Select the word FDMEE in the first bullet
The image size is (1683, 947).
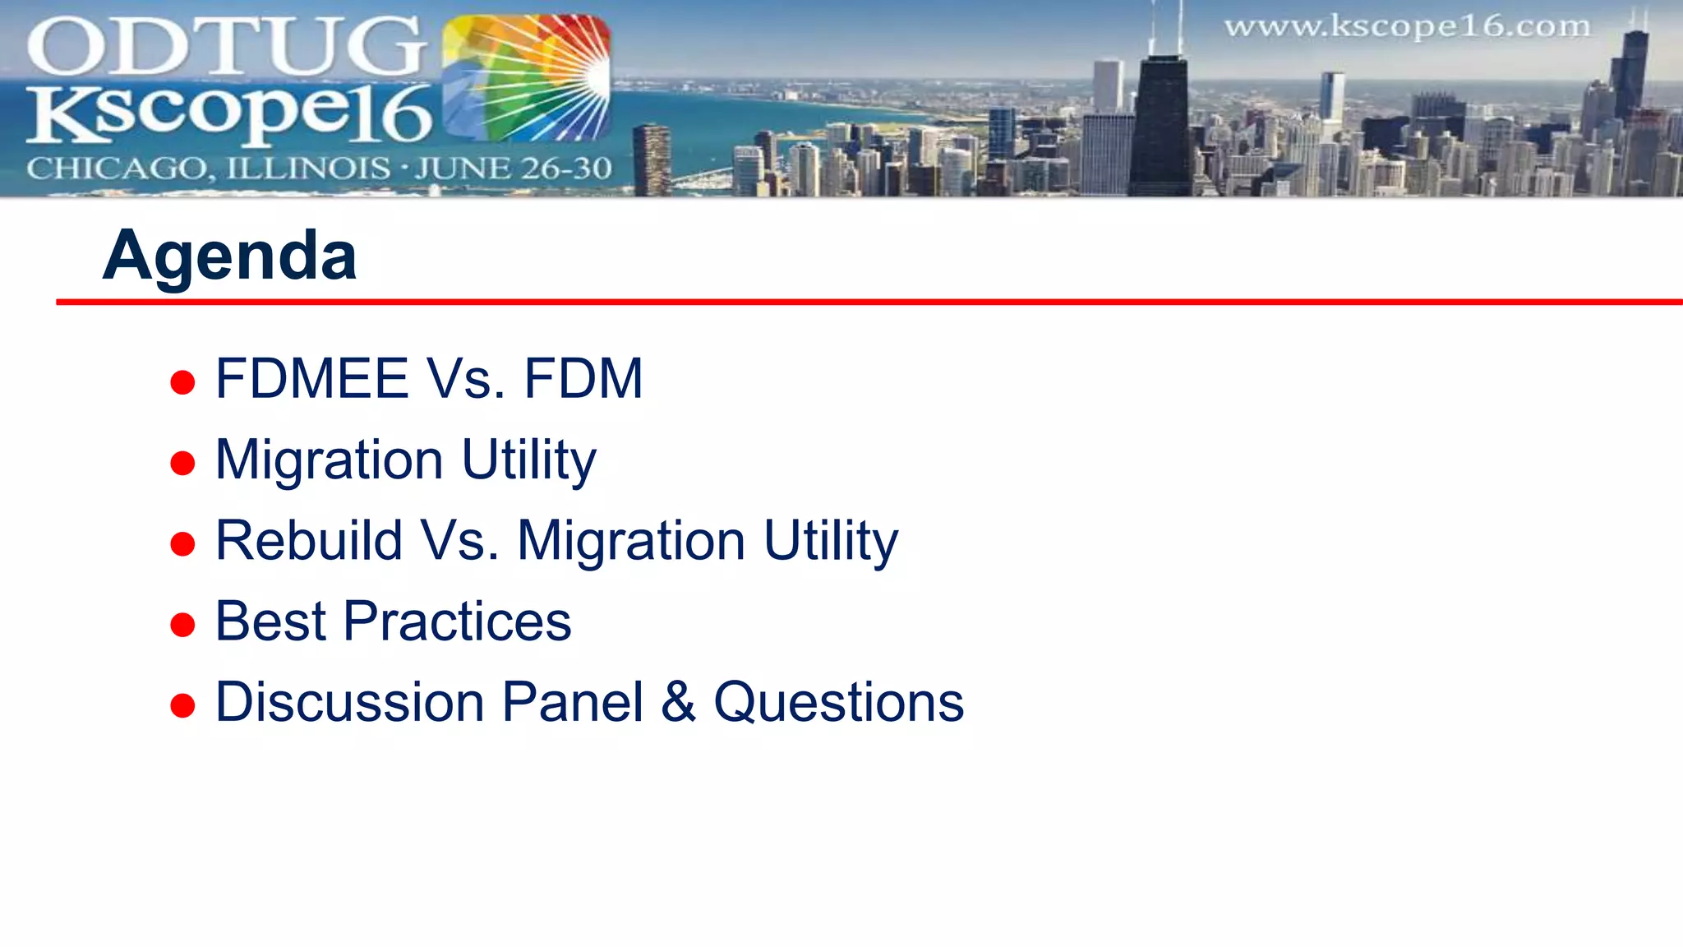point(311,379)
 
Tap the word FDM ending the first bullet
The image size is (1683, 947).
point(583,379)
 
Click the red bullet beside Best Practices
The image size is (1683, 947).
point(182,625)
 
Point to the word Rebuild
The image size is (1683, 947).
point(309,541)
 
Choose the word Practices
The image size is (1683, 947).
point(457,621)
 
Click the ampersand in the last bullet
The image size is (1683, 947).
point(679,702)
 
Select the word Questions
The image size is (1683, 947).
point(838,703)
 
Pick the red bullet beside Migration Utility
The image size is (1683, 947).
point(182,463)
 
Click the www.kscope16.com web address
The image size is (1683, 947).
point(1407,27)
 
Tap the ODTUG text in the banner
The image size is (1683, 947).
point(226,48)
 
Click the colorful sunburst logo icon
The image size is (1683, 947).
point(526,78)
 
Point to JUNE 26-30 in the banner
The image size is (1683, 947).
point(514,169)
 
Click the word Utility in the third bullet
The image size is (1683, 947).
point(831,543)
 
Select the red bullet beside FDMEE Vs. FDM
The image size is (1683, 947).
point(182,382)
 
